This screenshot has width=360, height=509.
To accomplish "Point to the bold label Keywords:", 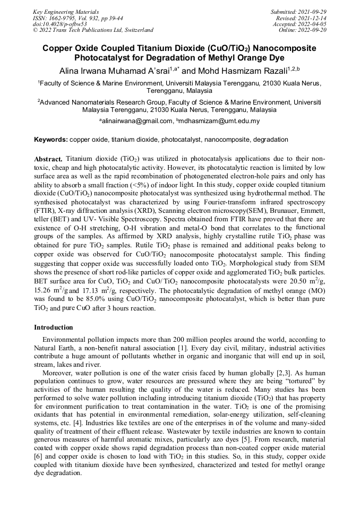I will [x=51, y=140].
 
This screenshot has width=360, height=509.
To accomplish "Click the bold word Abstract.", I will [x=48, y=159].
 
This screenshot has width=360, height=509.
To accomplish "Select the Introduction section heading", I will [x=54, y=327].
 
